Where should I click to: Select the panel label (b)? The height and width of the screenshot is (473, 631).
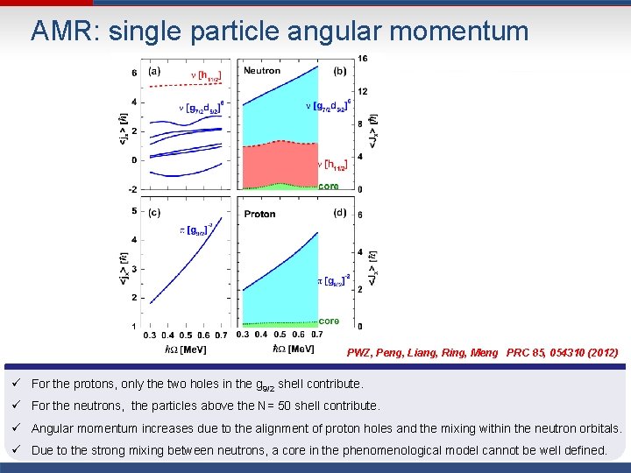coord(339,71)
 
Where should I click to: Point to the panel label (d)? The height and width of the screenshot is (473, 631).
coord(339,212)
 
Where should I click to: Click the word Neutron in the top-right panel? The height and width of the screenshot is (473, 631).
coord(262,71)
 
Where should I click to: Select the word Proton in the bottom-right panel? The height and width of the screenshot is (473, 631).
coord(259,214)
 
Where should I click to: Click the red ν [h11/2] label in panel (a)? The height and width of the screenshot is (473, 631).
coord(206,78)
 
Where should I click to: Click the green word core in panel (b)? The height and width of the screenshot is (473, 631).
coord(329,186)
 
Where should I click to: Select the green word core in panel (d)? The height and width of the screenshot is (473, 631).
coord(329,321)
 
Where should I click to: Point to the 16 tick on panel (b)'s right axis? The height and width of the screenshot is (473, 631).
coord(362,59)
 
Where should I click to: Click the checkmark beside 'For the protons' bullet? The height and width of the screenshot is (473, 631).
coord(15,384)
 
